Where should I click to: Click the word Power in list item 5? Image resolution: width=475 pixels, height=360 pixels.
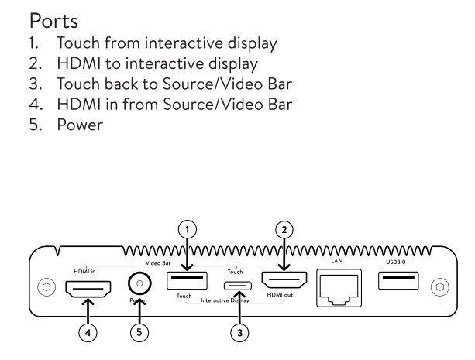80,124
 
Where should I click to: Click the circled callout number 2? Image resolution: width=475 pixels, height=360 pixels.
284,228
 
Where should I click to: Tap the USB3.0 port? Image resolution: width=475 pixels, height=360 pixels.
398,280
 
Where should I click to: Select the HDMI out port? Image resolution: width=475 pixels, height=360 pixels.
284,279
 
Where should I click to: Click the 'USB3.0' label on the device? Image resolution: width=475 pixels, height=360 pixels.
395,262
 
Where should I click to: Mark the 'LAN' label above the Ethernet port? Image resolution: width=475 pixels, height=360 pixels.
336,261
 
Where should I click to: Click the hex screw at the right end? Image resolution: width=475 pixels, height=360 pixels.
442,286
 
